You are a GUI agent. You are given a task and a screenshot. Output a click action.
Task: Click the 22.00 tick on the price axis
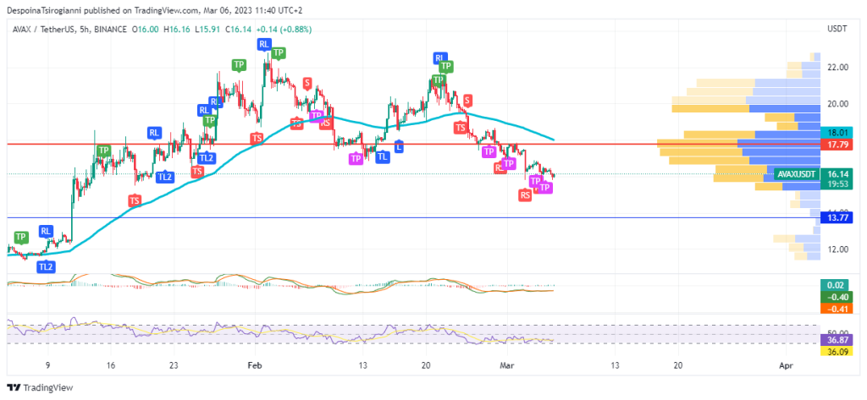(x=837, y=68)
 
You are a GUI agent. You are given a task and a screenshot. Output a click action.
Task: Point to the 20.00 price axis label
(x=837, y=104)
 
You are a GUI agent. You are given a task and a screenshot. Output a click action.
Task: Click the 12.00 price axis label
(x=837, y=249)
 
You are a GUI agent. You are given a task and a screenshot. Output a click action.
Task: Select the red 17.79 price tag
(x=837, y=145)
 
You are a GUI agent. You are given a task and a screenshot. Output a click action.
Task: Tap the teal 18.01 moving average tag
(x=837, y=133)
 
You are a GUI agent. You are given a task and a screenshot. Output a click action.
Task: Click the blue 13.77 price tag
(x=837, y=218)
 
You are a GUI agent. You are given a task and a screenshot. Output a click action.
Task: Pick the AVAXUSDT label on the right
(x=796, y=174)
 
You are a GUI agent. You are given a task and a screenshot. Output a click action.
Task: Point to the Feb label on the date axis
(x=254, y=366)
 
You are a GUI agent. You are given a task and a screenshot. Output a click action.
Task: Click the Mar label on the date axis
(x=507, y=366)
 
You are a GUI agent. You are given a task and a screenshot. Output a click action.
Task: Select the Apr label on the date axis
(x=786, y=366)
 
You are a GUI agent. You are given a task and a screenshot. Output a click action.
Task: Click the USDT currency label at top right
(x=837, y=30)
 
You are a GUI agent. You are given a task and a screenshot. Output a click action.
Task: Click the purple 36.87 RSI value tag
(x=837, y=339)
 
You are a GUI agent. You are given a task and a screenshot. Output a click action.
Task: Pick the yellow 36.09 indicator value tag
(x=837, y=351)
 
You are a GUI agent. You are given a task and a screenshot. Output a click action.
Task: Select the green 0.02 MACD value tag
(x=837, y=285)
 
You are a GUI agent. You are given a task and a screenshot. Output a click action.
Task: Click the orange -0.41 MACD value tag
(x=837, y=309)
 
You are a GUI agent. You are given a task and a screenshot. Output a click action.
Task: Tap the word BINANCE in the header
(x=105, y=30)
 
